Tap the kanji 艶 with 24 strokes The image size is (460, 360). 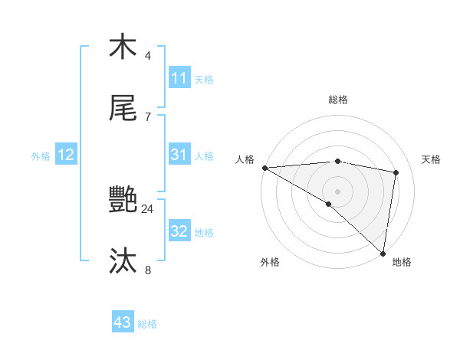[x=123, y=201]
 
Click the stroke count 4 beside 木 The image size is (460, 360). [x=148, y=55]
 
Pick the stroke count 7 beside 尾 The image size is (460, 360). [x=148, y=116]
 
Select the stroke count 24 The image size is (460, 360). [x=148, y=208]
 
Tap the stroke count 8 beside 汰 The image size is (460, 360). [x=148, y=270]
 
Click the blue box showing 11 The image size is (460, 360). [x=179, y=78]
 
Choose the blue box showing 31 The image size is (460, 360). [x=179, y=155]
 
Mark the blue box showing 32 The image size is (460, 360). [x=179, y=231]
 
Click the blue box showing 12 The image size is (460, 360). [x=66, y=155]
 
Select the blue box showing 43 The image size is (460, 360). [x=123, y=322]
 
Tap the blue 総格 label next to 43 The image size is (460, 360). [x=147, y=324]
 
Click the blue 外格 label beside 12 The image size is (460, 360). [x=41, y=156]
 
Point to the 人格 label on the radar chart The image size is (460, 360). [x=245, y=159]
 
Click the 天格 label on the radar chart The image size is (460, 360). [x=432, y=159]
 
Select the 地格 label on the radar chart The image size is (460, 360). [x=402, y=262]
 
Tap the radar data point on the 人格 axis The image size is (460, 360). [x=264, y=168]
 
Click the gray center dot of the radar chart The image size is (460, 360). [x=337, y=190]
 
